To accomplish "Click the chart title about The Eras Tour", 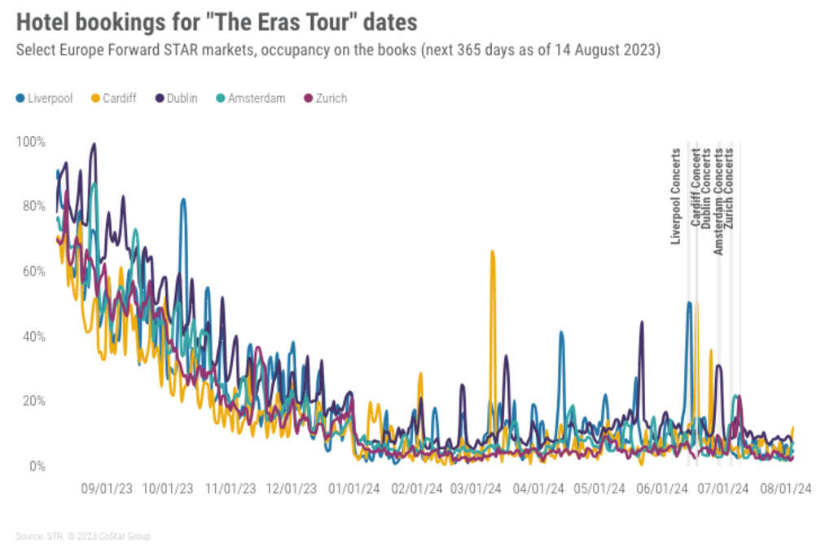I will (216, 21).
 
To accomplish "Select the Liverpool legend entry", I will (45, 99).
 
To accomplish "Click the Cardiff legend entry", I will (113, 99).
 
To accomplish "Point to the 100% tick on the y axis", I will (32, 141).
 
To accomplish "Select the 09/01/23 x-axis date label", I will (107, 489).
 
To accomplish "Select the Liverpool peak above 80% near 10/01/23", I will (183, 201).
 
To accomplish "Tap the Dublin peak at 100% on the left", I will (94, 146).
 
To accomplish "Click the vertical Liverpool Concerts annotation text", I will (675, 196).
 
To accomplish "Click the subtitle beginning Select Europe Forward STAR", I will (338, 51).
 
